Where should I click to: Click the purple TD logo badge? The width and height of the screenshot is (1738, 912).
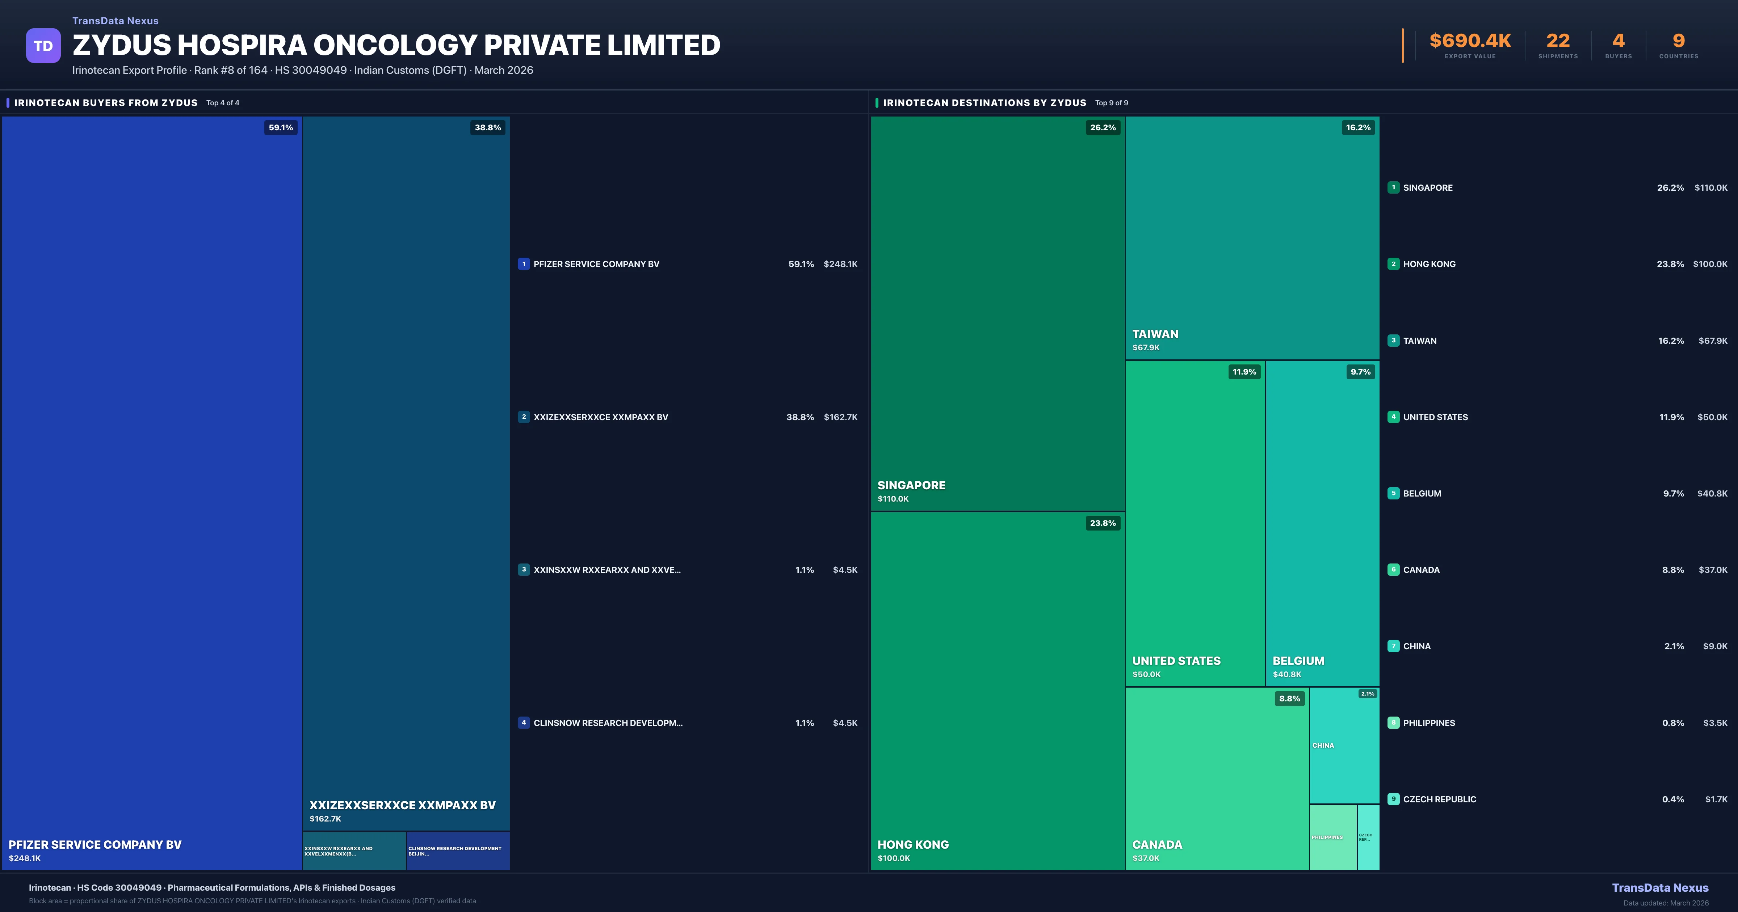pos(43,46)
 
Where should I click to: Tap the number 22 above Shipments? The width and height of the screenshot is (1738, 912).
pos(1557,41)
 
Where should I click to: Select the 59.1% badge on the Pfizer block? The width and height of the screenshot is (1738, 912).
pos(281,127)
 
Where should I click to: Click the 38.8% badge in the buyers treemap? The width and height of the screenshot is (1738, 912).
pos(487,127)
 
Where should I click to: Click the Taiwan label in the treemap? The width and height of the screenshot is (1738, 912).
pos(1155,334)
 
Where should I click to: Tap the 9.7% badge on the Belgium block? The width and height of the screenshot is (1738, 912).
pos(1360,372)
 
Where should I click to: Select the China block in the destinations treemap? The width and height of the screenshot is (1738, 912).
pos(1343,746)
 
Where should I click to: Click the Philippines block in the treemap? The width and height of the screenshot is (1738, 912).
pos(1332,837)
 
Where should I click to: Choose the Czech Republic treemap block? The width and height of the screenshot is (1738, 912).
pos(1368,837)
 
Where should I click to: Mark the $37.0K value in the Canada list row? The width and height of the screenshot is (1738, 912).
pos(1712,570)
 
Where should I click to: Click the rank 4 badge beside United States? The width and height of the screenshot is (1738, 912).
pos(1393,417)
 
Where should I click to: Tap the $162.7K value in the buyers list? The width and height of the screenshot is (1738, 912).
pos(840,417)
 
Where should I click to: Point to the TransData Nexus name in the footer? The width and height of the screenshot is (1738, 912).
pos(1660,888)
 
